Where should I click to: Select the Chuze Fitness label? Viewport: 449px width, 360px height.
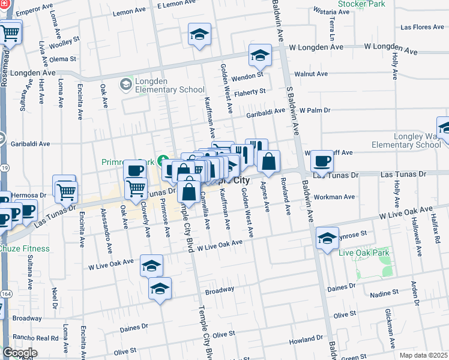point(24,248)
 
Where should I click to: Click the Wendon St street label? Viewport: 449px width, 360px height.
point(248,76)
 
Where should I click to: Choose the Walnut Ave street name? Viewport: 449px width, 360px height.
point(315,74)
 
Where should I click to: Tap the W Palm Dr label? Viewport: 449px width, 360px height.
point(315,110)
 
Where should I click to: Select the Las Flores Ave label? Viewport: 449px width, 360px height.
point(422,27)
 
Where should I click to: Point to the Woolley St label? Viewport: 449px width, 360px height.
point(64,41)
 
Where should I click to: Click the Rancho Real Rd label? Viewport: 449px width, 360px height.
point(38,338)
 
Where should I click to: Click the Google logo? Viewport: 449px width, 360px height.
point(20,353)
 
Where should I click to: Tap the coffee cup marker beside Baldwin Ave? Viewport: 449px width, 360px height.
point(322,161)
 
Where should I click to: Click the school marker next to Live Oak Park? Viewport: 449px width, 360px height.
point(327,238)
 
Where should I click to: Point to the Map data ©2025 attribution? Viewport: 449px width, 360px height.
point(423,355)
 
